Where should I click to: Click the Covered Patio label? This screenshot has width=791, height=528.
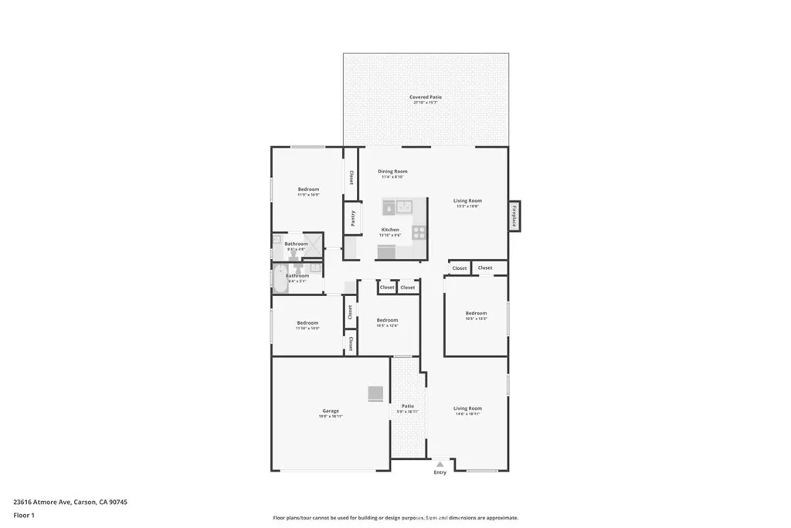[x=426, y=97]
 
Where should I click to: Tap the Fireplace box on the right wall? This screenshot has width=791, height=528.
[x=514, y=216]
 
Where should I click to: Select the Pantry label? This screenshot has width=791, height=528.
[x=353, y=217]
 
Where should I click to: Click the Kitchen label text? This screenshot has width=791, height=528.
[x=390, y=230]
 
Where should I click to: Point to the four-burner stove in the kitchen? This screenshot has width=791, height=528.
[x=419, y=230]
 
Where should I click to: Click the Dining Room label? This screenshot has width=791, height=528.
[x=392, y=171]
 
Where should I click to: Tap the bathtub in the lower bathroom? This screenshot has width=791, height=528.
[x=279, y=279]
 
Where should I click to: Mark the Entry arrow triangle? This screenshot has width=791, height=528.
[x=440, y=464]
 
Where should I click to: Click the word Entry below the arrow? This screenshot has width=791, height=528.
[x=440, y=472]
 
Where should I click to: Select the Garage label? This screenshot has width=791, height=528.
[x=331, y=410]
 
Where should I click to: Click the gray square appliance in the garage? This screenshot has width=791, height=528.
[x=375, y=393]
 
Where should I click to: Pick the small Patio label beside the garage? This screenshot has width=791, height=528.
[x=407, y=406]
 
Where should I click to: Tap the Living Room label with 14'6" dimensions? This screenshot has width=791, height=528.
[x=467, y=408]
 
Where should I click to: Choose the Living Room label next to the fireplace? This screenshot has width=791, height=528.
[x=467, y=201]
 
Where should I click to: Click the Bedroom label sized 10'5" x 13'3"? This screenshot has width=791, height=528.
[x=476, y=313]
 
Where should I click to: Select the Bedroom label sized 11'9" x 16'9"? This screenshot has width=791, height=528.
[x=308, y=189]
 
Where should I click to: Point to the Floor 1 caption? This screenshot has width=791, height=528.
[x=24, y=515]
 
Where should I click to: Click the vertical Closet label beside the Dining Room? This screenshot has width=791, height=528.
[x=351, y=177]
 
